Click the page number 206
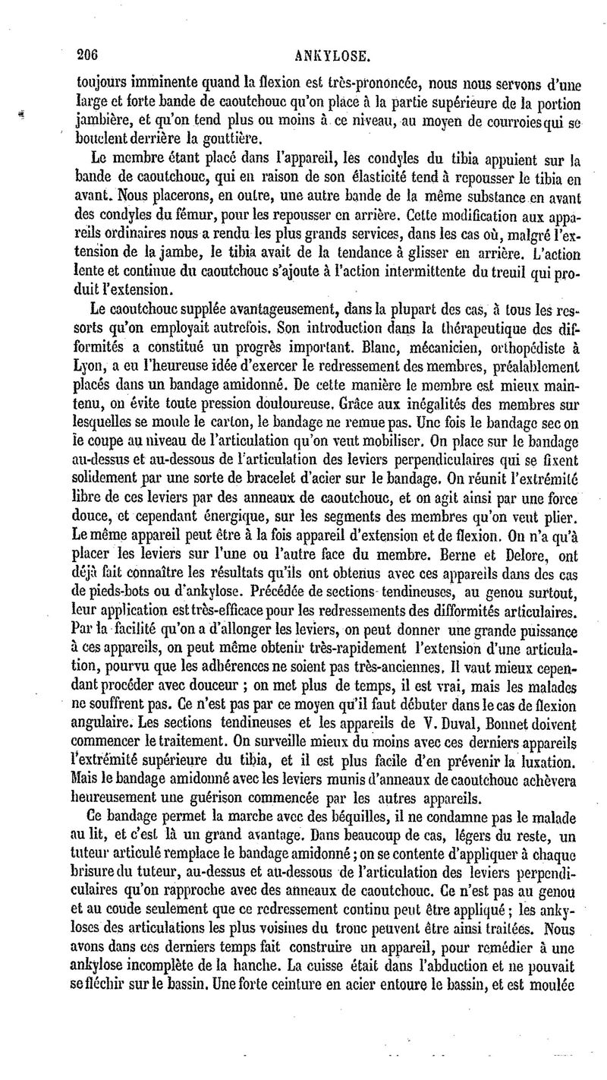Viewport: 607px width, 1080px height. click(x=90, y=54)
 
